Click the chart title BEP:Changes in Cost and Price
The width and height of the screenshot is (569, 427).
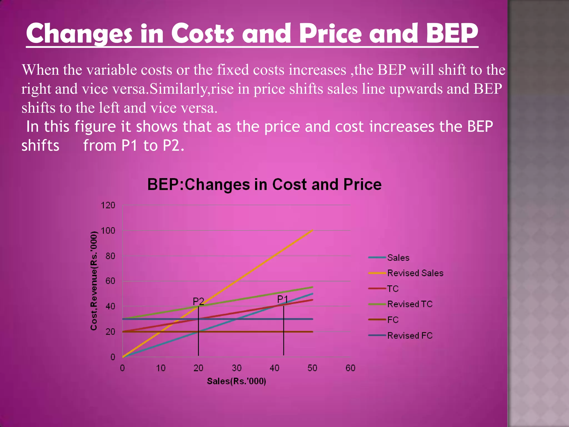pyautogui.click(x=264, y=185)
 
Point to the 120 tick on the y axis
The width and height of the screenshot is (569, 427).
pyautogui.click(x=108, y=205)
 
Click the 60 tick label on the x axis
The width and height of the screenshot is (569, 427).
pyautogui.click(x=350, y=368)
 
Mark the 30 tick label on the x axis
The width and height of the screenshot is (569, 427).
pyautogui.click(x=236, y=368)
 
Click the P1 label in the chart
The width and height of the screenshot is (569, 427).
pyautogui.click(x=283, y=299)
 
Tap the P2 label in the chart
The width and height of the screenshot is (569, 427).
pyautogui.click(x=198, y=301)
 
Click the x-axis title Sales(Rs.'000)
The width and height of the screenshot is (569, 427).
pyautogui.click(x=236, y=381)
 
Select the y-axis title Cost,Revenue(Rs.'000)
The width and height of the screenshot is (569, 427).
pyautogui.click(x=94, y=281)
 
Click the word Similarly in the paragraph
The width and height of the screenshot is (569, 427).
pyautogui.click(x=179, y=89)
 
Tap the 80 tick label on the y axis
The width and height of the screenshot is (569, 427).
pyautogui.click(x=110, y=256)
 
